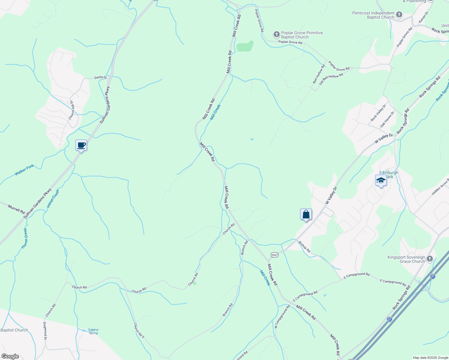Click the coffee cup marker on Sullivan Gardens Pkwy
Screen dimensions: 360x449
coord(81,145)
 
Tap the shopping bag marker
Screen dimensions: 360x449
coord(306,214)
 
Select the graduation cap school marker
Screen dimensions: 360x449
coord(381,181)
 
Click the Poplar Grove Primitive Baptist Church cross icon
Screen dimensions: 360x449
coord(277,35)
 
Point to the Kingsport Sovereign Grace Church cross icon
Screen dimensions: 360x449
coord(430,259)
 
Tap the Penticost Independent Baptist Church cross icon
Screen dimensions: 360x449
coord(399,15)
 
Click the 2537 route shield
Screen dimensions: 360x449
coord(274,255)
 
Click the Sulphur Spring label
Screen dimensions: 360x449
coord(93,331)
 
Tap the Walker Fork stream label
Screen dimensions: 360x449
coord(24,170)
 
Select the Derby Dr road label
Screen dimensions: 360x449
coord(101,77)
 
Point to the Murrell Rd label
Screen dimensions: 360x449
coord(16,209)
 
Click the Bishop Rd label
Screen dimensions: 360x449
coord(304,246)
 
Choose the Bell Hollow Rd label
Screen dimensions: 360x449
coord(319,74)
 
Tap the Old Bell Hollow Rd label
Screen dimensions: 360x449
coord(331,79)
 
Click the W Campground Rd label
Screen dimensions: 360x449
coord(282,316)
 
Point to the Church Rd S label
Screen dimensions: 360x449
coord(139,330)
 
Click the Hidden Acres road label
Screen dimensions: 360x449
coord(440,186)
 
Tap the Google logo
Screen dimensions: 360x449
coord(10,356)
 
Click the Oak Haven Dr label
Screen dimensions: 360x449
coord(387,119)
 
